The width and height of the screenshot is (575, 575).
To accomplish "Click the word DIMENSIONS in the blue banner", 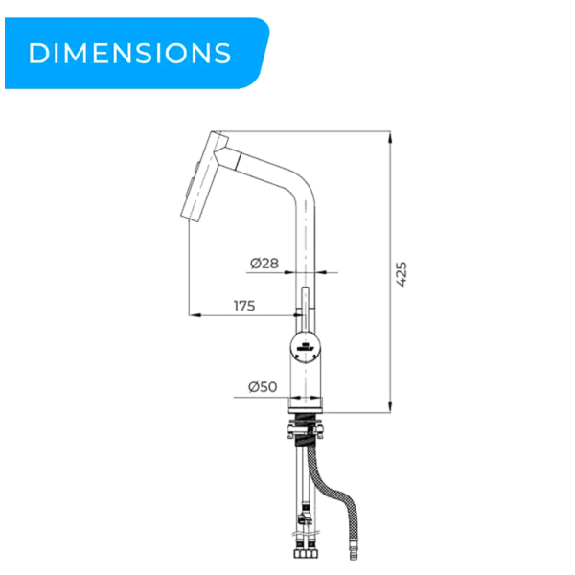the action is click(x=129, y=53).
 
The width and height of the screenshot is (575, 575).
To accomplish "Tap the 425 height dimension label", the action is click(x=402, y=274).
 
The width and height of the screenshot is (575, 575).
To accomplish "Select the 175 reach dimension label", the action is click(x=244, y=306).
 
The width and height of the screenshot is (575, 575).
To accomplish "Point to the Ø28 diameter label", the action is click(x=264, y=263).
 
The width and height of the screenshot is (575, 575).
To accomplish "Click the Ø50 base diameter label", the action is click(x=263, y=386).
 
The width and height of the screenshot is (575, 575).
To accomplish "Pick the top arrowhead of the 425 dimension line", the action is click(x=390, y=138).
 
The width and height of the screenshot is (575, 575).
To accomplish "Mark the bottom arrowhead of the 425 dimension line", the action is click(x=390, y=406).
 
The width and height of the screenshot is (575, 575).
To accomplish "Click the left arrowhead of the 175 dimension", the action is click(x=195, y=315).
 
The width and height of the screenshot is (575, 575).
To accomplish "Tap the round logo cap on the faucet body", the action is click(x=306, y=346).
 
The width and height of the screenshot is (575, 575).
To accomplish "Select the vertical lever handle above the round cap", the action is click(x=305, y=309).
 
